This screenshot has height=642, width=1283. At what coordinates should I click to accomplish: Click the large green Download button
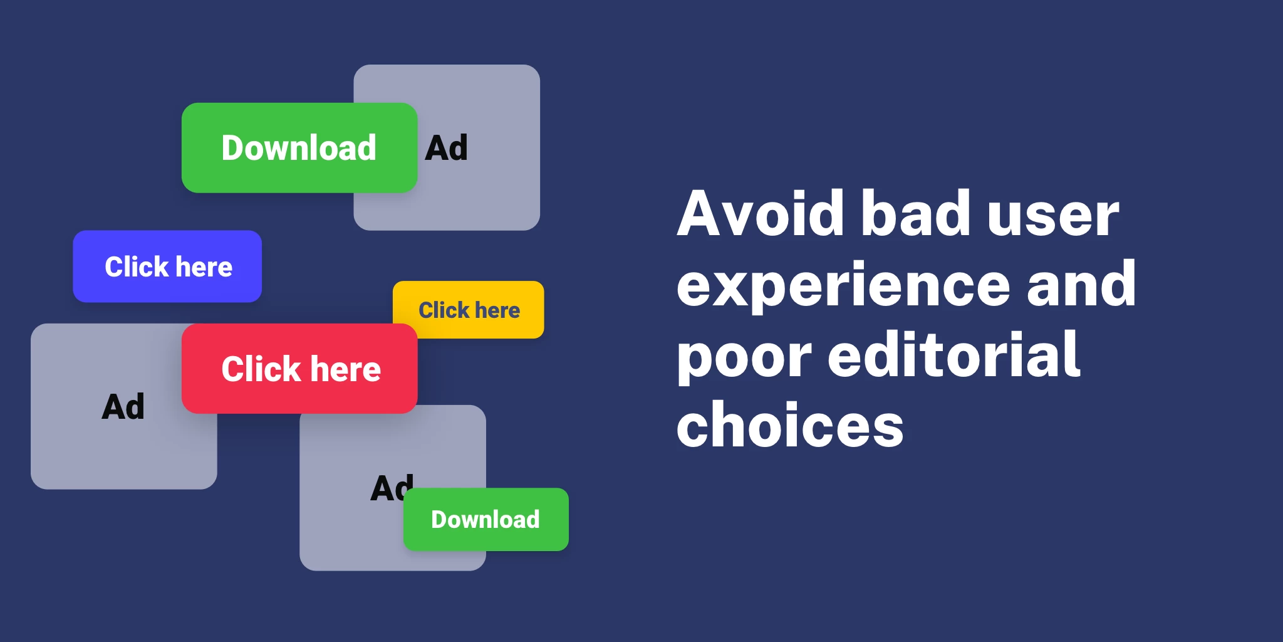(x=299, y=148)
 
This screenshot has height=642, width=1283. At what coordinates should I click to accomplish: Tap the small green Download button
(x=486, y=520)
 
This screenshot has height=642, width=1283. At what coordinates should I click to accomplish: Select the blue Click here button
(x=167, y=266)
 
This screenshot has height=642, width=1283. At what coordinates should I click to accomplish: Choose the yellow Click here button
(x=469, y=310)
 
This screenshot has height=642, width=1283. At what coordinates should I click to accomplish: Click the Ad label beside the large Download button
(x=446, y=149)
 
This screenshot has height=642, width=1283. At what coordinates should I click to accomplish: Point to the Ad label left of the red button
(x=123, y=407)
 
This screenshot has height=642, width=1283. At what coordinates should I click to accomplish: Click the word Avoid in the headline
(x=761, y=214)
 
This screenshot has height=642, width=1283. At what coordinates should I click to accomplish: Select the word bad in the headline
(x=915, y=214)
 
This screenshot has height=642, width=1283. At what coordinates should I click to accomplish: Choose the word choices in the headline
(x=790, y=426)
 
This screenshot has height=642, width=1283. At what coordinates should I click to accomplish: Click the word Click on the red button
(x=261, y=369)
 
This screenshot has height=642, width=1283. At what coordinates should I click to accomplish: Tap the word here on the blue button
(x=204, y=267)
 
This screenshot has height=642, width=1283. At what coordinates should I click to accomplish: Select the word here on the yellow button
(x=497, y=310)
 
